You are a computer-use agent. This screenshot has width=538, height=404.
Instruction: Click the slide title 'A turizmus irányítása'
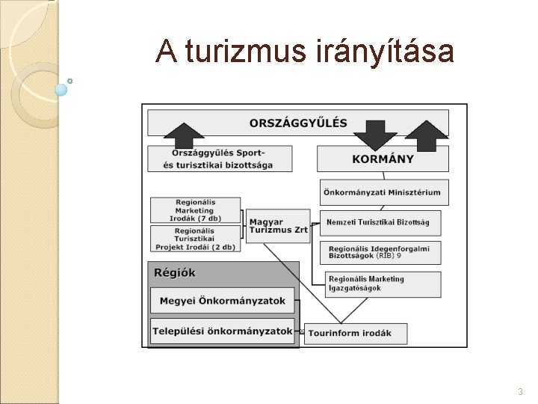click(304, 51)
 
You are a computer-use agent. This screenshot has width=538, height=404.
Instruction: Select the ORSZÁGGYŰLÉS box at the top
click(298, 123)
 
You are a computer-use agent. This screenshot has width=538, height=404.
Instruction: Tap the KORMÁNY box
click(383, 159)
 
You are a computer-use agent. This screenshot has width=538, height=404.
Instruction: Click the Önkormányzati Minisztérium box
click(383, 192)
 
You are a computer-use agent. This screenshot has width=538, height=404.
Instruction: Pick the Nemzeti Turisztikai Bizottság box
click(380, 222)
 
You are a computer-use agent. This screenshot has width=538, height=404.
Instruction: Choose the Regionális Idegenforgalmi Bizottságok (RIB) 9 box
click(380, 252)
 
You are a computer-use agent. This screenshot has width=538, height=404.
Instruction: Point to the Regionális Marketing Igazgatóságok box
click(380, 284)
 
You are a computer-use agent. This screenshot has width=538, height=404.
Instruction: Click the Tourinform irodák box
click(355, 334)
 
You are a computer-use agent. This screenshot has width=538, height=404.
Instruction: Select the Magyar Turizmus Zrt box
click(277, 226)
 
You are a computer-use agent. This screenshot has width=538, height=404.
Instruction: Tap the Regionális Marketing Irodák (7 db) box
click(195, 209)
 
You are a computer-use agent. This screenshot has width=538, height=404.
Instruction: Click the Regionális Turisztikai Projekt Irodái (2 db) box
click(195, 239)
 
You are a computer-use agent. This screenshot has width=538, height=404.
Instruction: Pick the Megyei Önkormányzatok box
click(222, 302)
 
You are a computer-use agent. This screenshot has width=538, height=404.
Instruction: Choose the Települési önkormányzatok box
click(222, 331)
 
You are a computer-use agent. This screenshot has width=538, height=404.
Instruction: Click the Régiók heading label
click(175, 273)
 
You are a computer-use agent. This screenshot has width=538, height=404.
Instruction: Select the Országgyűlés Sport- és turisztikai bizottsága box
click(219, 159)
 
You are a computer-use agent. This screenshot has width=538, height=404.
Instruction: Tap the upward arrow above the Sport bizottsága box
click(183, 135)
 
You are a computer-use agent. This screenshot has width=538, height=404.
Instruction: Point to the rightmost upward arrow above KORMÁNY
click(427, 135)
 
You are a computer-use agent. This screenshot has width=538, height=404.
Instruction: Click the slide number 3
click(520, 392)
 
